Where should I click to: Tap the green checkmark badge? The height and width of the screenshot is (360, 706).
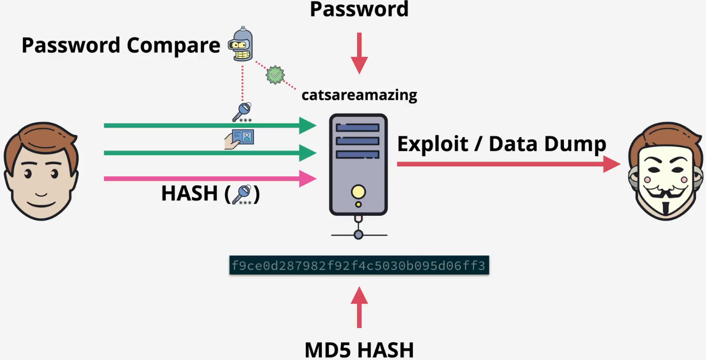(x=275, y=75)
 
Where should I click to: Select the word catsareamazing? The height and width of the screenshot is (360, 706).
(x=359, y=95)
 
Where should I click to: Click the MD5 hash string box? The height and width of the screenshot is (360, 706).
(x=359, y=265)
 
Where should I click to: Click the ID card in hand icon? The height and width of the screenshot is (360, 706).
(x=240, y=139)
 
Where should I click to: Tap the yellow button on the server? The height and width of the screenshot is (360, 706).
(x=358, y=192)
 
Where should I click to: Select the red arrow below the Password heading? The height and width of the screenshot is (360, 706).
(x=359, y=53)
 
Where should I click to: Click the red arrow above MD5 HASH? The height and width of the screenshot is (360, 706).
(x=359, y=308)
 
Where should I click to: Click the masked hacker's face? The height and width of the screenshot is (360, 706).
(x=667, y=174)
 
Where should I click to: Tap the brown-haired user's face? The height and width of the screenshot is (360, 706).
(x=41, y=174)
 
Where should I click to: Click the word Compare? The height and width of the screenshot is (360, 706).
(x=169, y=45)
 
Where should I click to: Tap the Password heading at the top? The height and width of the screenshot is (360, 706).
(x=359, y=9)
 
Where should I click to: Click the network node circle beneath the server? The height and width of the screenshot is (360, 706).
(x=358, y=234)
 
